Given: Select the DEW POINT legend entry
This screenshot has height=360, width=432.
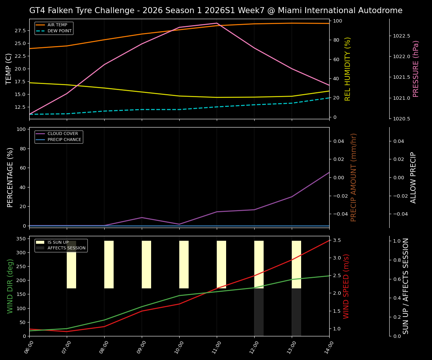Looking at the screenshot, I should tap(59, 31).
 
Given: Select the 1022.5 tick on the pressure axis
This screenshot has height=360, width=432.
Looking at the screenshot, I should tap(401, 36).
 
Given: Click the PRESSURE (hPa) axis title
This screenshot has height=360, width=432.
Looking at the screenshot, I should tap(416, 69).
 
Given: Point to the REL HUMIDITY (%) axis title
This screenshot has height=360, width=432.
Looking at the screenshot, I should tap(348, 69).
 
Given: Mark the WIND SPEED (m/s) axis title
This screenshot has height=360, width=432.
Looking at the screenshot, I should tap(346, 286).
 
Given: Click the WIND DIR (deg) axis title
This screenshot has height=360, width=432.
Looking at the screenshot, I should tap(10, 286).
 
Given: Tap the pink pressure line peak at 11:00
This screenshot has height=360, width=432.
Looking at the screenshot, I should tap(217, 23).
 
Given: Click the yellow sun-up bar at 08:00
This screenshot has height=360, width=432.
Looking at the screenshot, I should tap(109, 264).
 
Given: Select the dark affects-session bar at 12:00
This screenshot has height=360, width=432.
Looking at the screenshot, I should tap(259, 312).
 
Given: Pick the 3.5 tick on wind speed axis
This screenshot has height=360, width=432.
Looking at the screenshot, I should tap(336, 240).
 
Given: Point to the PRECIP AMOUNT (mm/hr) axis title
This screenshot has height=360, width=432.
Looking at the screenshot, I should tap(354, 177).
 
